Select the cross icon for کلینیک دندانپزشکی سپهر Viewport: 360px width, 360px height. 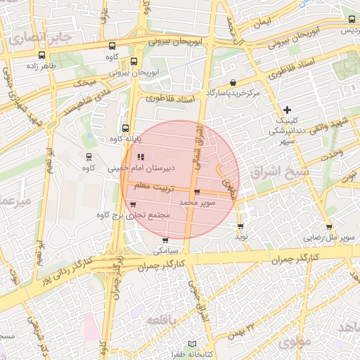(287, 110)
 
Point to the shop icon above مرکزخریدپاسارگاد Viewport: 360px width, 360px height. (233, 82)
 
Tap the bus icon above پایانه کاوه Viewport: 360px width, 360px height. (125, 128)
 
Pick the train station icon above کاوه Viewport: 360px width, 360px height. (89, 157)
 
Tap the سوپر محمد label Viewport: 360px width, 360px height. (197, 202)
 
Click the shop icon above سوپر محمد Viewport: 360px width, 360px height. (197, 192)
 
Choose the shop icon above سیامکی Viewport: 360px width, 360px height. (166, 240)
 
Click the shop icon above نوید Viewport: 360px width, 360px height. (241, 226)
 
